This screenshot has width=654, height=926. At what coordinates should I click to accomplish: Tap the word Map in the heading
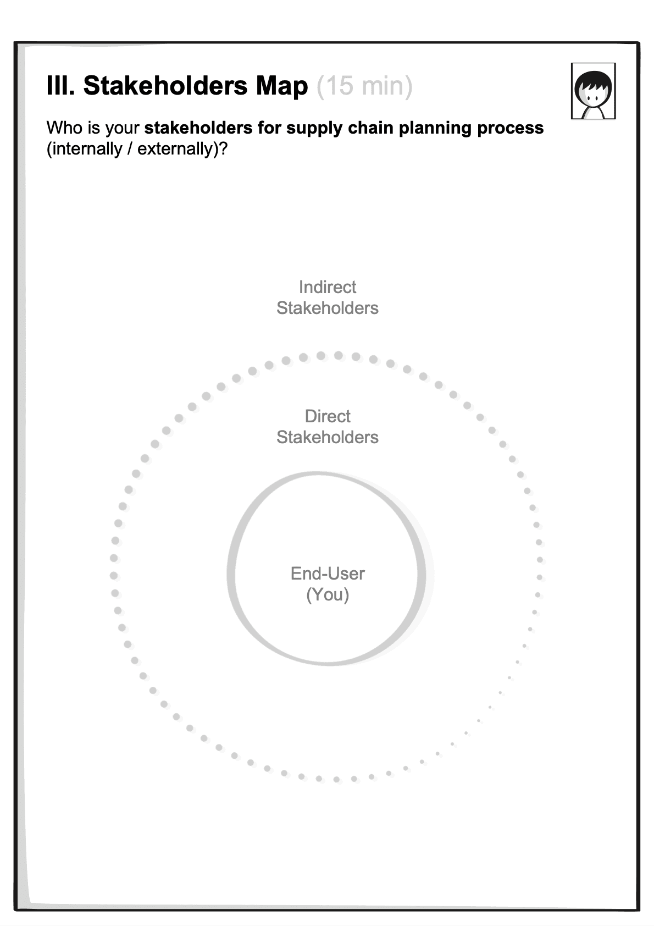(281, 86)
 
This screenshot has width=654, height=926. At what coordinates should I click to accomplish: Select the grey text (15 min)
(364, 86)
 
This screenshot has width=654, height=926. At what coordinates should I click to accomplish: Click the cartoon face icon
(593, 91)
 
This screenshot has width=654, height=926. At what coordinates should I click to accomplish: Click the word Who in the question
(63, 128)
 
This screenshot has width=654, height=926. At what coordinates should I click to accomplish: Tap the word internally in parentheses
(87, 149)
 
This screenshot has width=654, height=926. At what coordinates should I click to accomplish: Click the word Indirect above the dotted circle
(327, 287)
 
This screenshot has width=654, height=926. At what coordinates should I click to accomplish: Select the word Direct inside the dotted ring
(327, 416)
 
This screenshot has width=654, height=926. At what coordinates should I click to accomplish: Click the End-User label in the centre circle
(327, 574)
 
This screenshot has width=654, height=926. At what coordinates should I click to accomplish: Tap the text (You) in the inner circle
(327, 594)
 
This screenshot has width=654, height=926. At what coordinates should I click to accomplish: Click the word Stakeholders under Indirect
(327, 308)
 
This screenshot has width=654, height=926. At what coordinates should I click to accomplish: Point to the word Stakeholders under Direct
(327, 437)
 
